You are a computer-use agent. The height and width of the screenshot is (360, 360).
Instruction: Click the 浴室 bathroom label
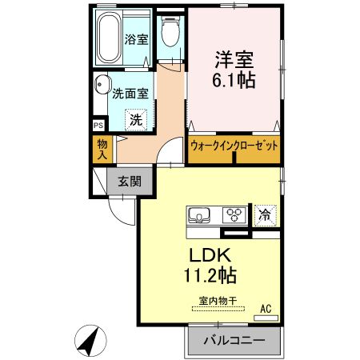click(x=136, y=39)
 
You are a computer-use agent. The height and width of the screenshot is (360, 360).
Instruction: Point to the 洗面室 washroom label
click(x=129, y=92)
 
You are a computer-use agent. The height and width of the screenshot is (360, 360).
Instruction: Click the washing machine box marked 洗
click(x=137, y=120)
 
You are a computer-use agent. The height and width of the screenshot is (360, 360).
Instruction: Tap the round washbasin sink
click(x=102, y=86)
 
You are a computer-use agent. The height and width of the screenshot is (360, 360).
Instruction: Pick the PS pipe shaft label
click(x=98, y=126)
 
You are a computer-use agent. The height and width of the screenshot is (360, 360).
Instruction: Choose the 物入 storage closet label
click(x=102, y=149)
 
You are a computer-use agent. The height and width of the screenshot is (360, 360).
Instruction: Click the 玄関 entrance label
click(x=130, y=181)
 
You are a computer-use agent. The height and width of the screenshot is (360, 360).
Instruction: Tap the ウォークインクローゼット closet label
click(x=235, y=146)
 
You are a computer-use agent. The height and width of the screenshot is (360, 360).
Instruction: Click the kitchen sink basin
click(x=198, y=214)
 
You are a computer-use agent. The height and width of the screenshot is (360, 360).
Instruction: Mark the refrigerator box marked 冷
click(x=263, y=214)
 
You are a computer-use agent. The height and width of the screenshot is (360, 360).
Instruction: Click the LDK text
click(x=210, y=256)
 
